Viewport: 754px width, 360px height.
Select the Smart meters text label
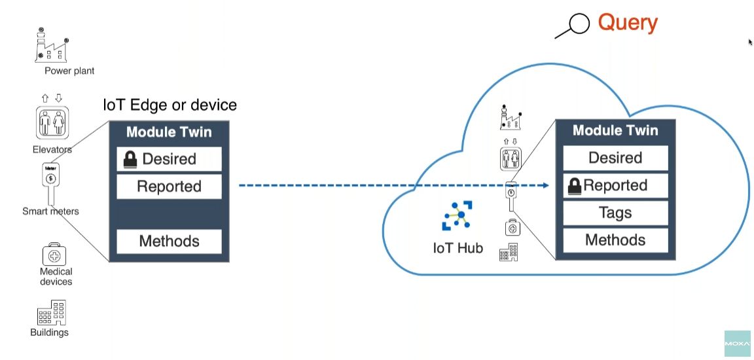coord(50,211)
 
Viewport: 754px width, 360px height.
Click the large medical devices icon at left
coord(55,254)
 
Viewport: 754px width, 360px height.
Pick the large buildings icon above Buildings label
coord(50,313)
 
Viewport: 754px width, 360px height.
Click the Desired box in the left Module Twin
coord(169,159)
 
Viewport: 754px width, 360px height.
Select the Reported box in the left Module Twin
coord(169,187)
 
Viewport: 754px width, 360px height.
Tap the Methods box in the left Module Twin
coord(169,242)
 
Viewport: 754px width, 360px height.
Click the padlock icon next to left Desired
coord(130,159)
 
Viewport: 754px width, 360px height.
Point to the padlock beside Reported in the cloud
coord(575,186)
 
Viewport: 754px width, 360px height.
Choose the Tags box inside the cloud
coord(615,213)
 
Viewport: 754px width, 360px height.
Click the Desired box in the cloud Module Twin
coord(615,158)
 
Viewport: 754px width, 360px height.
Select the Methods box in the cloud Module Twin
coord(615,240)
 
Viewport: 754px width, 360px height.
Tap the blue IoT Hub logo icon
coord(458,217)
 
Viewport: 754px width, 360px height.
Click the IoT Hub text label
coord(458,249)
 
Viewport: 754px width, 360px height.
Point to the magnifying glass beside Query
coord(574,26)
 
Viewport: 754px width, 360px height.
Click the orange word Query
coord(627,23)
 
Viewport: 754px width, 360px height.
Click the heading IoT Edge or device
coord(170,105)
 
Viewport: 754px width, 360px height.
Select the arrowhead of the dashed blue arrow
coord(544,186)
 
